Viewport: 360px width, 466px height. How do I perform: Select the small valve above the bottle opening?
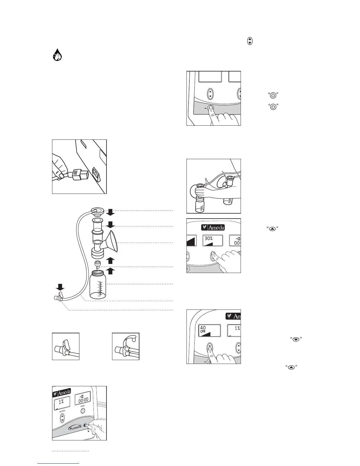pos(98,264)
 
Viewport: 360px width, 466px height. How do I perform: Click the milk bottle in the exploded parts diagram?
pos(98,284)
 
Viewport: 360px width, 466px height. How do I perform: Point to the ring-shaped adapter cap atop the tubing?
pos(98,211)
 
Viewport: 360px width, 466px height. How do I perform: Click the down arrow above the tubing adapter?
pos(60,287)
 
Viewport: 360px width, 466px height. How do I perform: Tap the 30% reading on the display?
pos(208,238)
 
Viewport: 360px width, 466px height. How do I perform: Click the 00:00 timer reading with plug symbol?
pos(83,400)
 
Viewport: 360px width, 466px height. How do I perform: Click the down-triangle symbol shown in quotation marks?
pos(296,339)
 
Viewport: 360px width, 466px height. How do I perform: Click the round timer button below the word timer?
pos(83,411)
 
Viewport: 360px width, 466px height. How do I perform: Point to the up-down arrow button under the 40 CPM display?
pos(210,347)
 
